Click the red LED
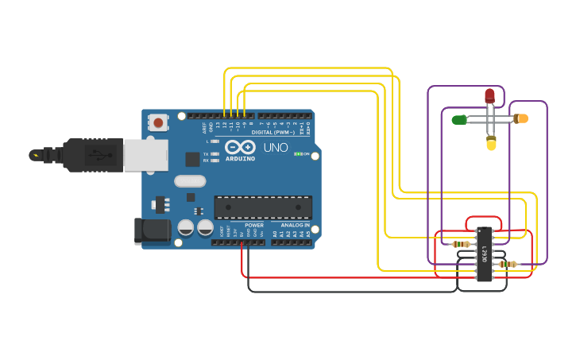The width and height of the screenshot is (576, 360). pos(489,96)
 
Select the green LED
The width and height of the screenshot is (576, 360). pos(458,120)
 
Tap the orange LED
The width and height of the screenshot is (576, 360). pos(521,118)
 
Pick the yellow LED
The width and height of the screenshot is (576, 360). pos(491,144)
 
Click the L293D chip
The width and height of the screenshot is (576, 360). pos(483,254)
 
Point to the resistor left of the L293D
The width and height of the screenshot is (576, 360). pos(460,244)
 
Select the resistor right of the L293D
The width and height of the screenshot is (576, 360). pos(508,264)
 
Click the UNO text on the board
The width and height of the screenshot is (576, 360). pos(276,147)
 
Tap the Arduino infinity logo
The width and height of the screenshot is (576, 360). pos(239,147)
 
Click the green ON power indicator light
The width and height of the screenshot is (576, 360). pos(297,153)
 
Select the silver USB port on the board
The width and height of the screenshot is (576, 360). pos(145,155)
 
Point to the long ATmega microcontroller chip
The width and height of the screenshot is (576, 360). pos(262,207)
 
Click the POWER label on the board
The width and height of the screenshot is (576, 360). pos(253,225)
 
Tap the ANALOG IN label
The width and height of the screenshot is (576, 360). pos(295,225)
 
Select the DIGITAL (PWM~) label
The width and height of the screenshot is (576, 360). pos(273,132)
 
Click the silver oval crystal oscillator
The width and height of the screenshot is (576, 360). pos(190,181)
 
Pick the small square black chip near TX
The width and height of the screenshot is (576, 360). pos(192,159)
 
